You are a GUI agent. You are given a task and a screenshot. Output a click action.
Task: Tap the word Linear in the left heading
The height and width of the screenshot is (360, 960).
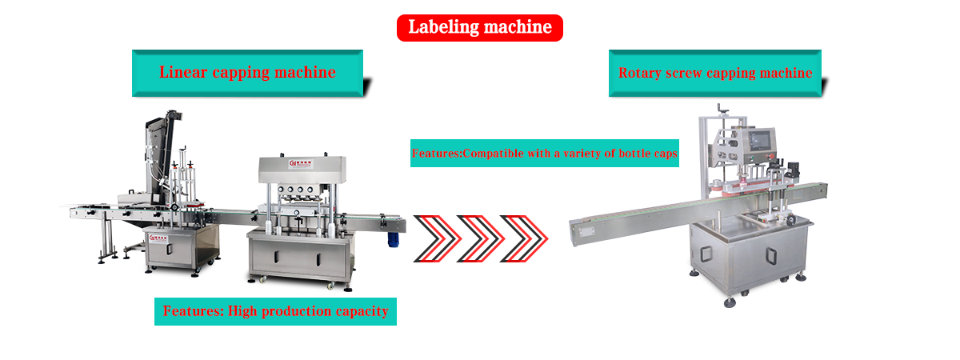(x=182, y=73)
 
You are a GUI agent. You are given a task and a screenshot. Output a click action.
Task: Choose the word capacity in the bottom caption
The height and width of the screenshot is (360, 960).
(x=361, y=311)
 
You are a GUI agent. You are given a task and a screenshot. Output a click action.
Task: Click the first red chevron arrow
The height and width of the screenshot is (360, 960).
(x=441, y=238)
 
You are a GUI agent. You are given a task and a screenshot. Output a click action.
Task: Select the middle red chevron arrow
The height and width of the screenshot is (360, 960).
(x=485, y=238)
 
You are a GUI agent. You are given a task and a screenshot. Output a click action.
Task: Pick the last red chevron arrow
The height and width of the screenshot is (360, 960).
(x=528, y=238)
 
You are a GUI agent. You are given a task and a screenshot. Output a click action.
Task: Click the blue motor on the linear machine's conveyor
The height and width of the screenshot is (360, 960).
(x=392, y=235)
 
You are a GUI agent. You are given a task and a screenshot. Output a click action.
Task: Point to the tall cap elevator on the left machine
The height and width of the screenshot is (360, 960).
(x=157, y=152)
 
